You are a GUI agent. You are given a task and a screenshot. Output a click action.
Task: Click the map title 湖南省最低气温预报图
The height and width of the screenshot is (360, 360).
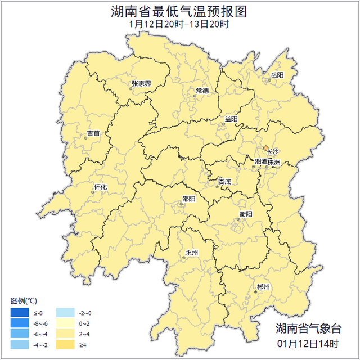pyautogui.click(x=179, y=12)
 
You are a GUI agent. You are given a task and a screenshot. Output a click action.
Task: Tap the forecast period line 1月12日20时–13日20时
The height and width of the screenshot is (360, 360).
pyautogui.click(x=179, y=24)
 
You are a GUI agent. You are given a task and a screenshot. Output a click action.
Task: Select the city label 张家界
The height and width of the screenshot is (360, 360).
pyautogui.click(x=142, y=84)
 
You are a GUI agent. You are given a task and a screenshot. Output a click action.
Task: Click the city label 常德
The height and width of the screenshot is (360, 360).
pyautogui.click(x=202, y=91)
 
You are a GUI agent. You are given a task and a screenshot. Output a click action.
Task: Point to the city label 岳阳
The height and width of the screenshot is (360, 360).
pyautogui.click(x=277, y=75)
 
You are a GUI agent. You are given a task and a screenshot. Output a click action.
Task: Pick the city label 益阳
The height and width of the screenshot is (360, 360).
pyautogui.click(x=231, y=119)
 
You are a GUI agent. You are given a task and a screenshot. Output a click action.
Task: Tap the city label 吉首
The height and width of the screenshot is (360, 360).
pyautogui.click(x=93, y=133)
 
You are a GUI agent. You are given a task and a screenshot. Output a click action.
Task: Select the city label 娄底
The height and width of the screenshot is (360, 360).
pyautogui.click(x=225, y=181)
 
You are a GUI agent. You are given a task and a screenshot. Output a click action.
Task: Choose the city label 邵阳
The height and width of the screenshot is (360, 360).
pyautogui.click(x=189, y=199)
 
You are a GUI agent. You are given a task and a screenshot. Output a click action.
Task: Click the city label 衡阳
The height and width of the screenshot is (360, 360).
pyautogui.click(x=246, y=214)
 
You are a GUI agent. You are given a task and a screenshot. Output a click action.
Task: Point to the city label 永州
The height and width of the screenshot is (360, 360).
pyautogui.click(x=192, y=253)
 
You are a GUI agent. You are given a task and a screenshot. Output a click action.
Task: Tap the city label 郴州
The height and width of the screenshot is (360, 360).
pyautogui.click(x=263, y=287)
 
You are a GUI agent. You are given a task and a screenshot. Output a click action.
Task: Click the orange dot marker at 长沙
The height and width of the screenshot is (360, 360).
pyautogui.click(x=266, y=148)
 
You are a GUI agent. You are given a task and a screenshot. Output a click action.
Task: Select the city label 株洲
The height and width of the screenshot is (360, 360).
pyautogui.click(x=274, y=161)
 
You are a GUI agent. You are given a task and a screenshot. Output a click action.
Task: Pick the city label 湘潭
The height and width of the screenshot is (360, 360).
pyautogui.click(x=261, y=161)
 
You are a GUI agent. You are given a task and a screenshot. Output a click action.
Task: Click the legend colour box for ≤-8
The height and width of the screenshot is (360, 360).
pyautogui.click(x=19, y=313)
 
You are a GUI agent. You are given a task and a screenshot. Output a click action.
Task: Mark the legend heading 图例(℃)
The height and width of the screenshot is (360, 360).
pyautogui.click(x=24, y=300)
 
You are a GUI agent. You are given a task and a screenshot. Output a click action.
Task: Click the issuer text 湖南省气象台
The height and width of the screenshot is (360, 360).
pyautogui.click(x=309, y=328)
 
